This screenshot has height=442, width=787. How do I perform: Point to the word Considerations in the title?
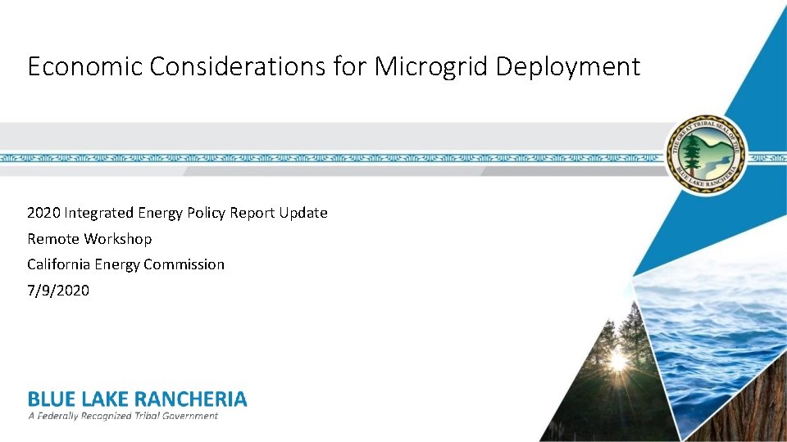pyautogui.click(x=237, y=66)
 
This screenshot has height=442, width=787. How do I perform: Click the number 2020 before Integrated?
pyautogui.click(x=43, y=213)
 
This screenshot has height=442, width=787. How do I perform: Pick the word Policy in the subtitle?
pyautogui.click(x=206, y=213)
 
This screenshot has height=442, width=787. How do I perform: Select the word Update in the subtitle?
pyautogui.click(x=303, y=213)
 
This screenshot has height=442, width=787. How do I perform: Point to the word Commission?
pyautogui.click(x=185, y=264)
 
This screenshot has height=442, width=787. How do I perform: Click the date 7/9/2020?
pyautogui.click(x=57, y=291)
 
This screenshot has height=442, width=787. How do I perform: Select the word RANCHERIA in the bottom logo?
pyautogui.click(x=189, y=399)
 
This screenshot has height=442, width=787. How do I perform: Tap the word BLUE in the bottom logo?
pyautogui.click(x=52, y=399)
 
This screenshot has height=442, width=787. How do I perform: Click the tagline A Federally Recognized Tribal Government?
pyautogui.click(x=123, y=416)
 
